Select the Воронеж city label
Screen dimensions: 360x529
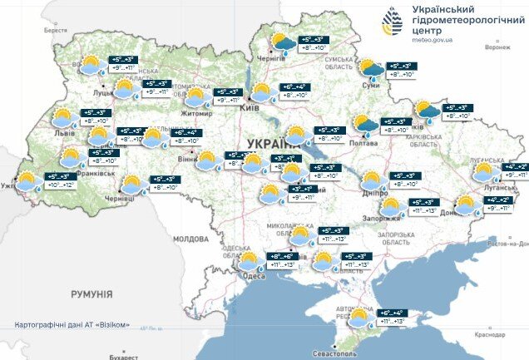pyautogui.click(x=497, y=47)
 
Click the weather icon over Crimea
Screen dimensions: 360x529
pyautogui.click(x=360, y=318)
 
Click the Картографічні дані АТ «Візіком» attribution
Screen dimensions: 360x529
pyautogui.click(x=72, y=324)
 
